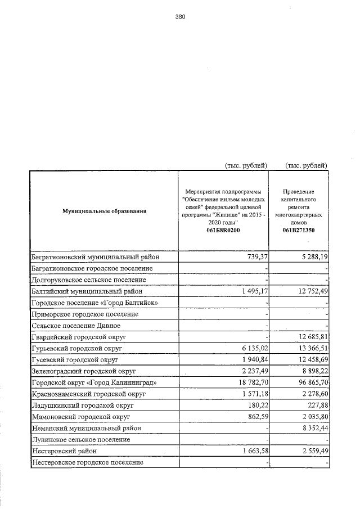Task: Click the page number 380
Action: tap(180, 17)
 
